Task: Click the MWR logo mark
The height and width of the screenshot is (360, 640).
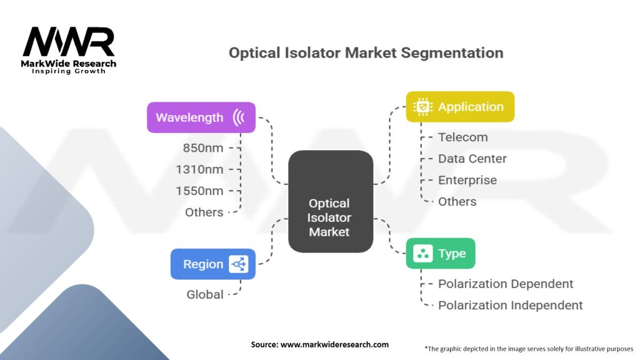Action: click(69, 42)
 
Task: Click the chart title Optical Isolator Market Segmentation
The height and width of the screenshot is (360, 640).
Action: click(366, 53)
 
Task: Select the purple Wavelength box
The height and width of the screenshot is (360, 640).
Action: click(201, 117)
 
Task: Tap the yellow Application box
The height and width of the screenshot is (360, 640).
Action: click(460, 106)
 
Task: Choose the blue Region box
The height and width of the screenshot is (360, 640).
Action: click(213, 264)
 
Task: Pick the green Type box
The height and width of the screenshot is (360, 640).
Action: click(441, 254)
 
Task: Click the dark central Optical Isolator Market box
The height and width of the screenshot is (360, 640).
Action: click(331, 202)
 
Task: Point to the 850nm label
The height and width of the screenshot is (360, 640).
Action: click(203, 147)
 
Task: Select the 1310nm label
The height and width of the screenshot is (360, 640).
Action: click(199, 169)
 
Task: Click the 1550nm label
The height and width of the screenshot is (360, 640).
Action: click(199, 191)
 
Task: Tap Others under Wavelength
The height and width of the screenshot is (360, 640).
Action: click(204, 212)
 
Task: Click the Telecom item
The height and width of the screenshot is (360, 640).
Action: click(463, 137)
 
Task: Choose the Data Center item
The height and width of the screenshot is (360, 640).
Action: click(472, 159)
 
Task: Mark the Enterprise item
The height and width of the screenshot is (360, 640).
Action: click(467, 181)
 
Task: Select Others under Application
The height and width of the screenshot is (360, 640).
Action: click(457, 202)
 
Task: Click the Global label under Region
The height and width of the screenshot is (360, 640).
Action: click(205, 294)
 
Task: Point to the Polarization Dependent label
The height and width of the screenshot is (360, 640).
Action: click(506, 284)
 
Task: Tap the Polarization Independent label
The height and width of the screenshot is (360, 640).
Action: click(510, 305)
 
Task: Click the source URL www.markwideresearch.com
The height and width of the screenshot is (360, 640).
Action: click(335, 344)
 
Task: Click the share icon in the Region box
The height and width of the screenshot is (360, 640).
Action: click(238, 264)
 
